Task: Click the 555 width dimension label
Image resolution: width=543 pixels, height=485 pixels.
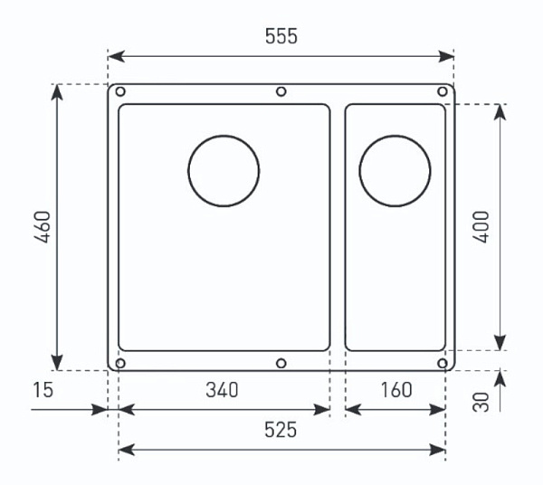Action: coord(281,36)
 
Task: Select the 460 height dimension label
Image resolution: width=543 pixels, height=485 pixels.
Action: coord(43,227)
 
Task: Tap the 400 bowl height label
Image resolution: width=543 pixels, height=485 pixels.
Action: coord(481,227)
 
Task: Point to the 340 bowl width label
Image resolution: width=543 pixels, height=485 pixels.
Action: coord(222,390)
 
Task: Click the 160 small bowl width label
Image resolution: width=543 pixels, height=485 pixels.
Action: coord(396,390)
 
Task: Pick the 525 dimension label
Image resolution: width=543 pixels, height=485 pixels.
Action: coord(281,430)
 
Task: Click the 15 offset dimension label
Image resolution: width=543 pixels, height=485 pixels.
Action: coord(43,390)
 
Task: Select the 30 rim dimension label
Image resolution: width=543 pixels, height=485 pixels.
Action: coord(481,402)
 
